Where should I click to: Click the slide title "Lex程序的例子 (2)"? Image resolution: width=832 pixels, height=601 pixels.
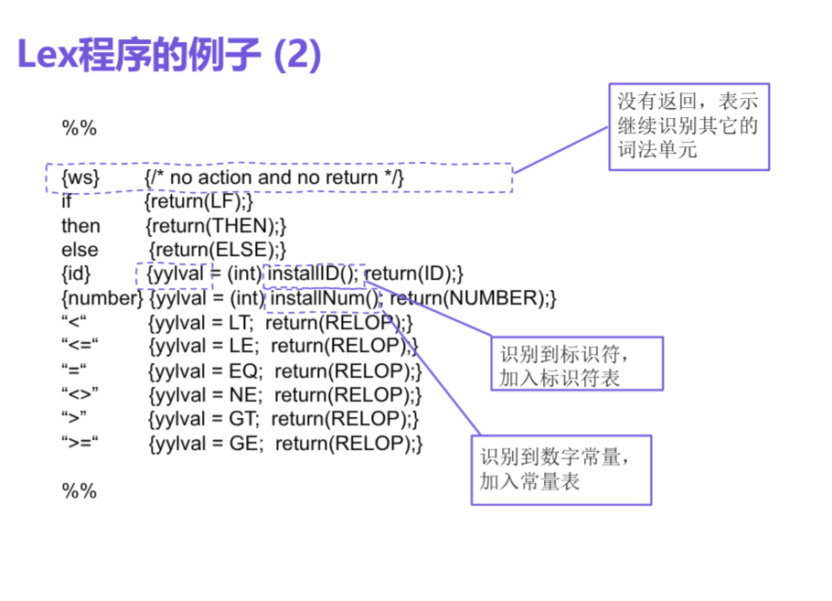[x=169, y=56]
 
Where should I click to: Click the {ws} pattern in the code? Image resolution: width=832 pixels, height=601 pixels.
[x=80, y=177]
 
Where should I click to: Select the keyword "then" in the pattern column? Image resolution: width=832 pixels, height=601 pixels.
[x=80, y=225]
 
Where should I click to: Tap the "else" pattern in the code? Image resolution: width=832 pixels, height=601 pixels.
[x=80, y=249]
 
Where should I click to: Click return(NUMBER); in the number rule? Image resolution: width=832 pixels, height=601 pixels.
[x=473, y=298]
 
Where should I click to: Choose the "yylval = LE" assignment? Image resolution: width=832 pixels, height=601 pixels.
[x=203, y=347]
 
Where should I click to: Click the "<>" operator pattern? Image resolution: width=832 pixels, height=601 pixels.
[x=80, y=395]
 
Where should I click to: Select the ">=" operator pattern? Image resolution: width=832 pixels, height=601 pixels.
[x=80, y=444]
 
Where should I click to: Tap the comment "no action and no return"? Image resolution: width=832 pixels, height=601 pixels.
[x=273, y=177]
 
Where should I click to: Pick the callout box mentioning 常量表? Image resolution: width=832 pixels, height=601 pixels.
[x=560, y=468]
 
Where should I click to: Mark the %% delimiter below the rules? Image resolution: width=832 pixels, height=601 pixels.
[x=79, y=491]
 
